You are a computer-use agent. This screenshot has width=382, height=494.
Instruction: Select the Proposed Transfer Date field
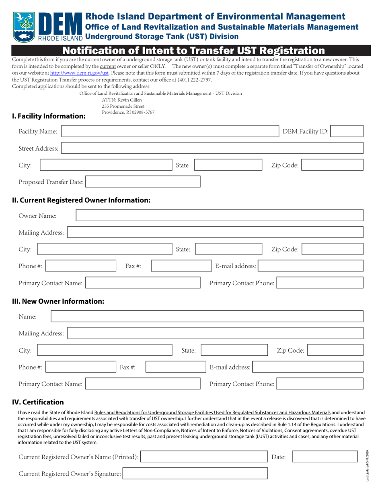pyautogui.click(x=143, y=182)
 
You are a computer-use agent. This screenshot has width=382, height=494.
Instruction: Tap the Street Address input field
pyautogui.click(x=212, y=148)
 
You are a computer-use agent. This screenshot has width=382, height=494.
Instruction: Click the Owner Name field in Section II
pyautogui.click(x=220, y=215)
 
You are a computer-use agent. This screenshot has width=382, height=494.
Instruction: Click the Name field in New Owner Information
pyautogui.click(x=207, y=316)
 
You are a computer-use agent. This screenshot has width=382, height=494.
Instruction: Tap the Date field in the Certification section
pyautogui.click(x=324, y=457)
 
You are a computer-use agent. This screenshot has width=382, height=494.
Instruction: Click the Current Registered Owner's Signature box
pyautogui.click(x=195, y=474)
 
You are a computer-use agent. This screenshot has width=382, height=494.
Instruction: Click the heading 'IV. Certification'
pyautogui.click(x=38, y=402)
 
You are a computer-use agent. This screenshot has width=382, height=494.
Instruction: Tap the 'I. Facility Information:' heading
pyautogui.click(x=49, y=116)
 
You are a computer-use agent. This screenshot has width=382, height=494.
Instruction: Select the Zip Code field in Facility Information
pyautogui.click(x=333, y=165)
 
